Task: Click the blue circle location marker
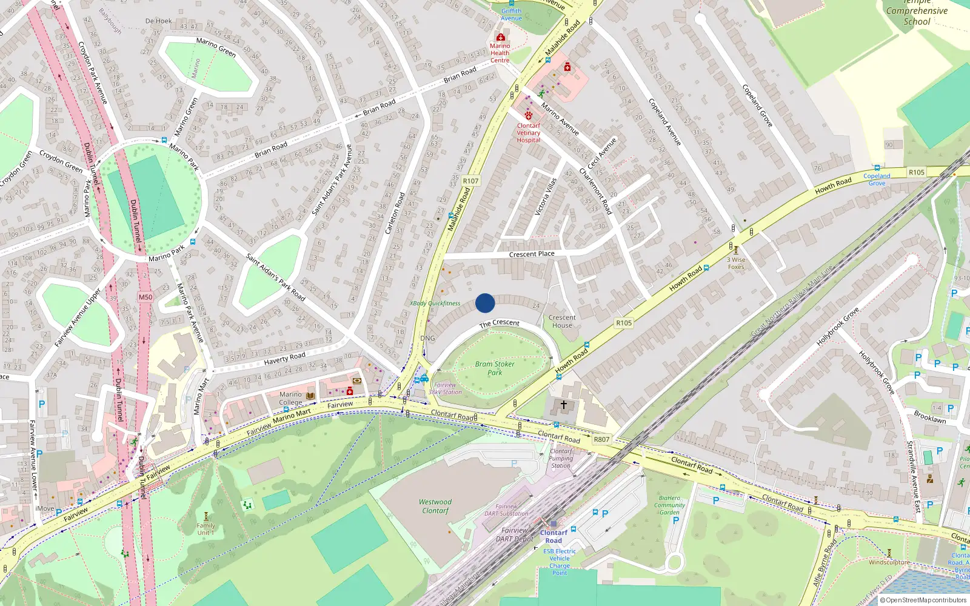click(485, 303)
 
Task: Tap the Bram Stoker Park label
click(495, 368)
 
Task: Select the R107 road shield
click(470, 181)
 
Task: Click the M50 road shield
click(145, 297)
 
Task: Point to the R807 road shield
click(601, 439)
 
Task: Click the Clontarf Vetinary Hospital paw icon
click(529, 115)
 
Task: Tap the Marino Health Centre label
click(500, 53)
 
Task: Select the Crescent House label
click(562, 321)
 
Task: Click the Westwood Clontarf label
click(435, 506)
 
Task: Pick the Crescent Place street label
click(532, 254)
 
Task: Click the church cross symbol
click(564, 404)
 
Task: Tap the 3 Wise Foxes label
click(737, 263)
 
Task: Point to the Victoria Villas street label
click(546, 197)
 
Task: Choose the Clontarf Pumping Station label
click(561, 459)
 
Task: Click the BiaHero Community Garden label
click(669, 505)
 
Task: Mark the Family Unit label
click(206, 529)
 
